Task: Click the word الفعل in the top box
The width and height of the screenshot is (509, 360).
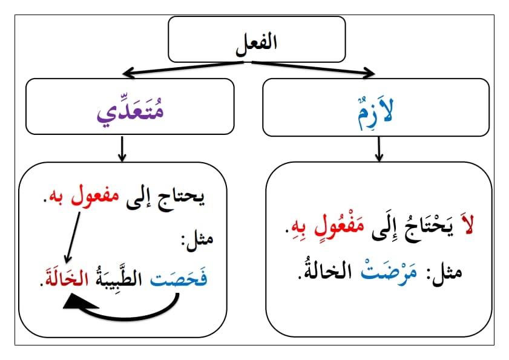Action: [x=257, y=44]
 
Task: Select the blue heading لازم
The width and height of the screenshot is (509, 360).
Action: [x=376, y=112]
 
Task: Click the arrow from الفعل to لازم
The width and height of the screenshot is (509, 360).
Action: [x=314, y=68]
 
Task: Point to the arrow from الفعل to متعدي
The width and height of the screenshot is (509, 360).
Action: [x=183, y=68]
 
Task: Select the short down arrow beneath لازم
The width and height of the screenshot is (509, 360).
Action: [x=379, y=149]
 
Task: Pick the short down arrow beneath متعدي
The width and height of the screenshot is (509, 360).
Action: [x=122, y=149]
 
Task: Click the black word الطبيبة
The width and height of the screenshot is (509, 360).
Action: [x=119, y=278]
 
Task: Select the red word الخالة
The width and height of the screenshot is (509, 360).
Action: [x=67, y=278]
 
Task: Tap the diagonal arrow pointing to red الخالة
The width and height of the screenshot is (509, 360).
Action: [x=73, y=238]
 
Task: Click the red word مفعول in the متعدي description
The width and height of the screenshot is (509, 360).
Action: [x=95, y=196]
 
